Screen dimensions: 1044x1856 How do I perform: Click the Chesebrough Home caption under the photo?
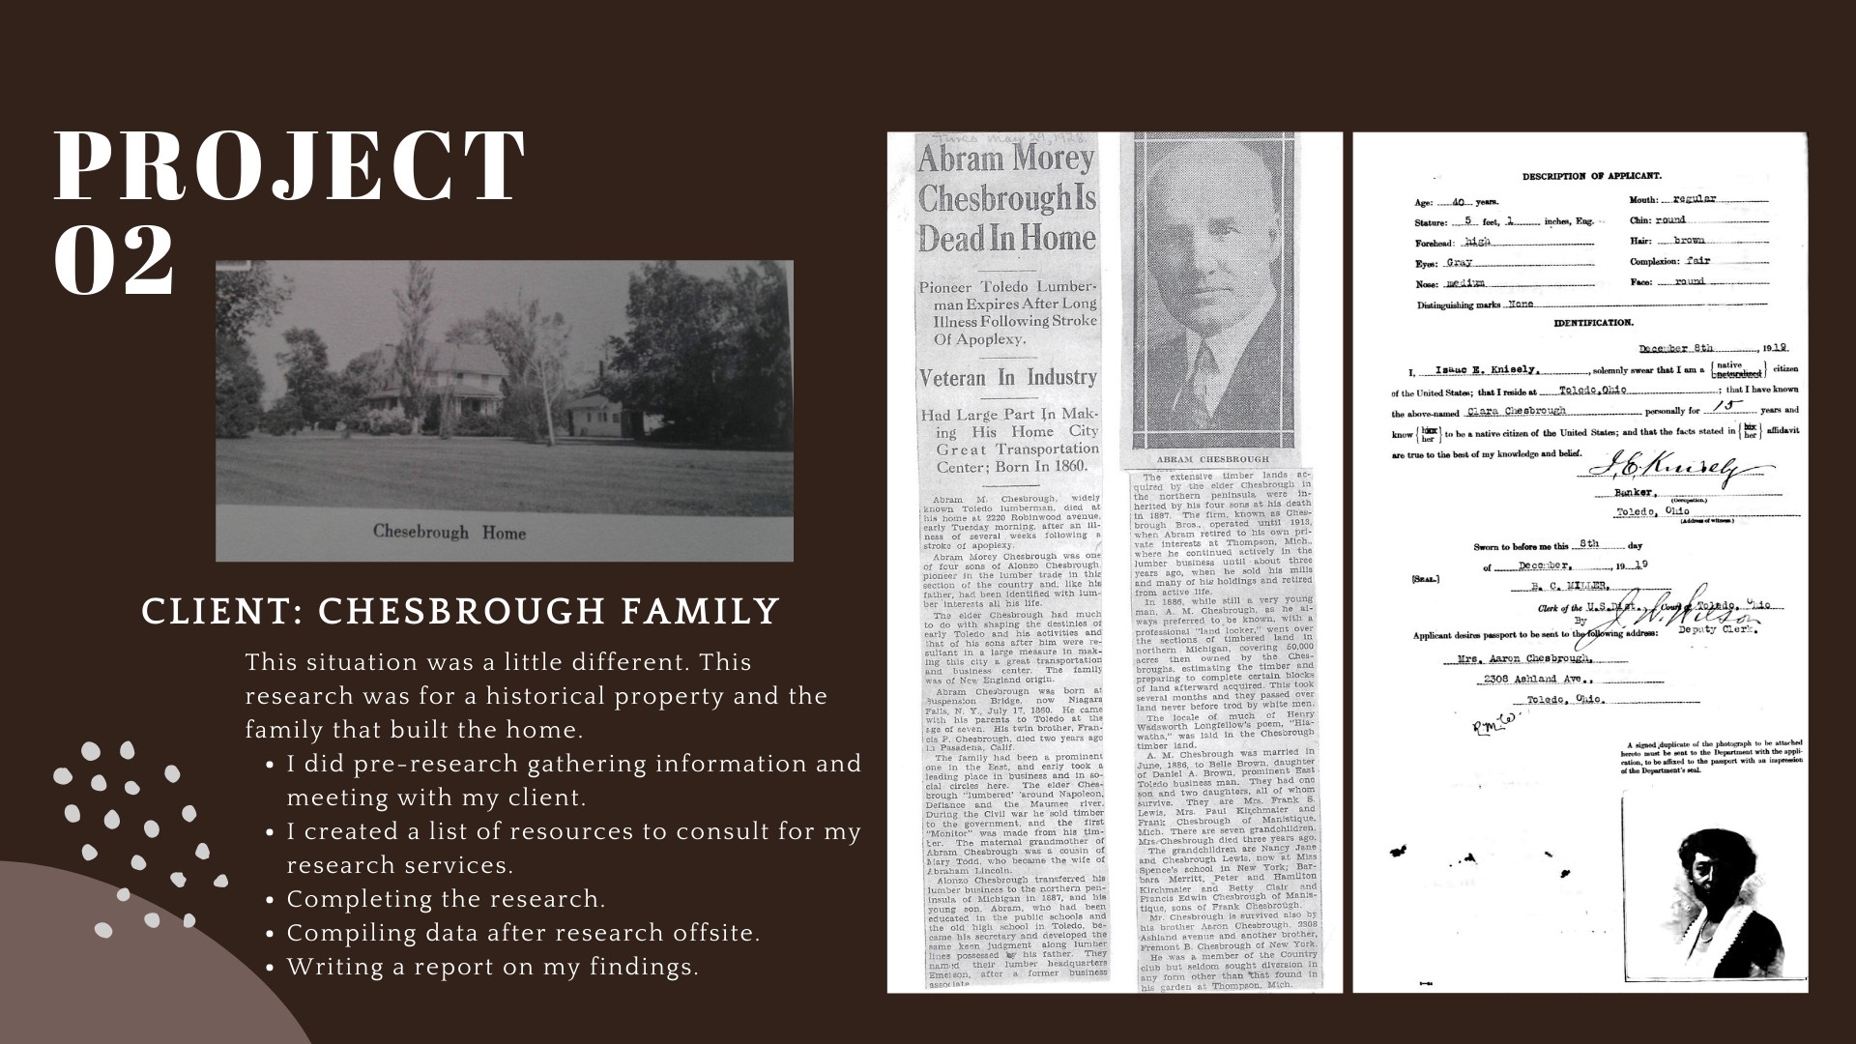tap(449, 532)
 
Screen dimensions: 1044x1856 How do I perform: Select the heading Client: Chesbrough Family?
tap(460, 611)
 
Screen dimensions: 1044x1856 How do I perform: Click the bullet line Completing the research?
tap(446, 899)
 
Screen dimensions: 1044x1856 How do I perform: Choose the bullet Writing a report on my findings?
tap(492, 967)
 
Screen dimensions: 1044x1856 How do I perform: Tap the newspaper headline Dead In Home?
tap(1006, 238)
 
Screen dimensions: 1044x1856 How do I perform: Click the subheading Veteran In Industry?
tap(1006, 377)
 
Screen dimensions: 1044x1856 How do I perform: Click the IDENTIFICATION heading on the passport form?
tap(1593, 323)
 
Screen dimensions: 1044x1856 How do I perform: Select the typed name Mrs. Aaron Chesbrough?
tap(1536, 658)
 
